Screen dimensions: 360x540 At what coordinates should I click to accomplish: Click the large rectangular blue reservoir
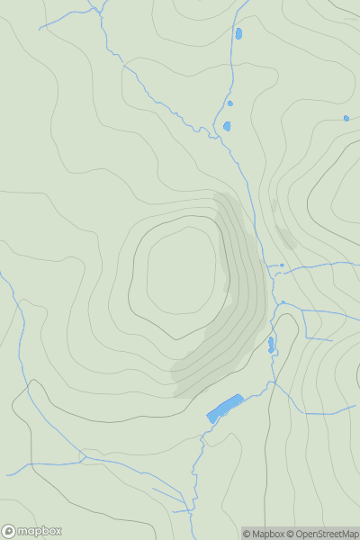click(x=225, y=408)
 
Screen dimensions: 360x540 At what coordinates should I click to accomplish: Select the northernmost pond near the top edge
click(x=238, y=34)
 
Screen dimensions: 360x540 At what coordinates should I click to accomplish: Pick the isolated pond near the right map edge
click(x=346, y=118)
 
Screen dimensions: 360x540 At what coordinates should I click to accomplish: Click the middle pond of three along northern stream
click(x=230, y=103)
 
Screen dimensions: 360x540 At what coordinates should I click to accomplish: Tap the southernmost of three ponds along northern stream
click(x=228, y=125)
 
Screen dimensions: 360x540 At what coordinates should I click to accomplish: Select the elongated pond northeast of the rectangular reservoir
click(x=271, y=343)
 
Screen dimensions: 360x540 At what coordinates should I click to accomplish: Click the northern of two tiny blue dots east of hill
click(x=282, y=265)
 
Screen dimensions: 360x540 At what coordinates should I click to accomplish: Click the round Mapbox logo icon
click(x=9, y=531)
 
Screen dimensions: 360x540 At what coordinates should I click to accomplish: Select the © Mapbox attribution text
click(x=263, y=534)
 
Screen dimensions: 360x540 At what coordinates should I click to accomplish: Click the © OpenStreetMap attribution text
click(x=321, y=534)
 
